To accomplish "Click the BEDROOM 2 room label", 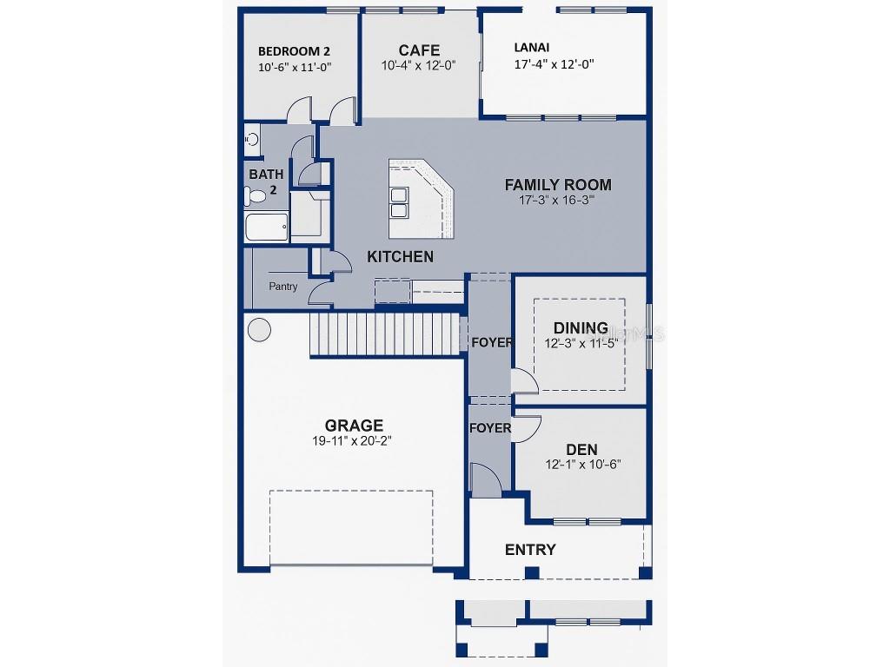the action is pos(294,51).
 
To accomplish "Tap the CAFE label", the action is pos(419,50).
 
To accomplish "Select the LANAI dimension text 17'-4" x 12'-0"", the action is pos(554,64).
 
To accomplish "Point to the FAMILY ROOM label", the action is pos(558,185).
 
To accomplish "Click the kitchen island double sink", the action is pos(398,201).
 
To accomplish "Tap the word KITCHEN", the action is pos(400,257).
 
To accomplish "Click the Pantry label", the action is pos(282,287).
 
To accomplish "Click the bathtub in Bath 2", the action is pos(267,227).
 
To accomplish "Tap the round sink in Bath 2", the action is pos(251,139).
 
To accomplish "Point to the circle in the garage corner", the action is pos(259,329).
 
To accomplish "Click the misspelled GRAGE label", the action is pos(354,426).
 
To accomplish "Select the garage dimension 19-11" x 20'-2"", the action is pos(352,440).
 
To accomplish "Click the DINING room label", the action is pos(581,327).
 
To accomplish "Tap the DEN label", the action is pos(581,450).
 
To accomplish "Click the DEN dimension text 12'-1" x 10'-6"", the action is pos(583,465).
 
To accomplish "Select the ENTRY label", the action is pos(530,550).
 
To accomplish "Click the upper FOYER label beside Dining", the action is pos(492,342).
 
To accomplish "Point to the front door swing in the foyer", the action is pos(487,479).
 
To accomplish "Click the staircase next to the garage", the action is pos(385,334).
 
